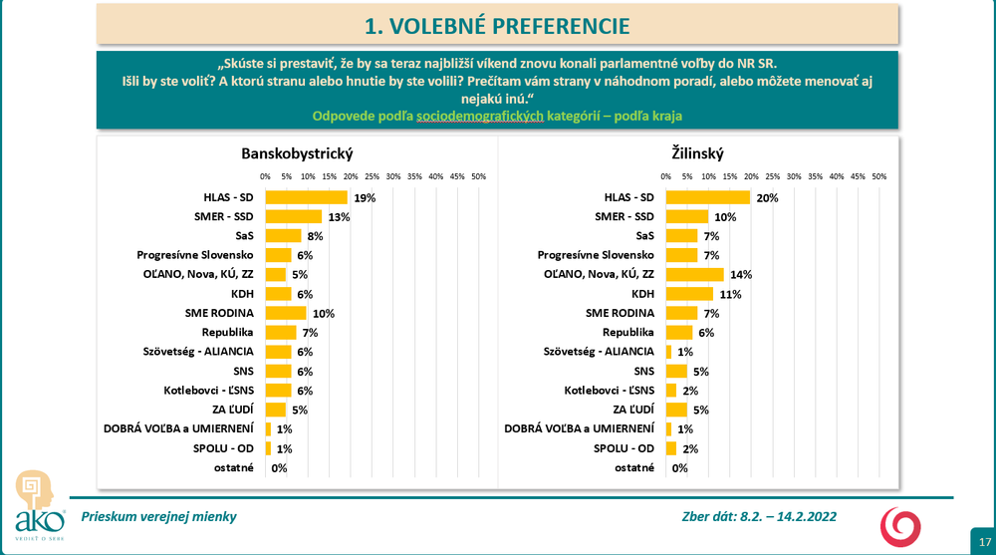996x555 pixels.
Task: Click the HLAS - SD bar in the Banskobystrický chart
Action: [306, 197]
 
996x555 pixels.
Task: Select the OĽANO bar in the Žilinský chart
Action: [694, 274]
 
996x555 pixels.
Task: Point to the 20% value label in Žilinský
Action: [766, 198]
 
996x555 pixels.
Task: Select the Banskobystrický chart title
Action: [297, 153]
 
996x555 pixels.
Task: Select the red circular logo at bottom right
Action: [899, 525]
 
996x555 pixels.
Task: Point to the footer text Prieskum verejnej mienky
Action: [159, 517]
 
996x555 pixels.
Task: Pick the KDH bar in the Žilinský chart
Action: [689, 294]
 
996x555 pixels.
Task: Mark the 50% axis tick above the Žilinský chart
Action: [878, 177]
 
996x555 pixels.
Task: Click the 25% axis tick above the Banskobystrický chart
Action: [372, 177]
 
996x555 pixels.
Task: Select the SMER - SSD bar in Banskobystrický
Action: [293, 216]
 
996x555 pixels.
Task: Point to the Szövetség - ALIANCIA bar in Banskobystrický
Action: [278, 351]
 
